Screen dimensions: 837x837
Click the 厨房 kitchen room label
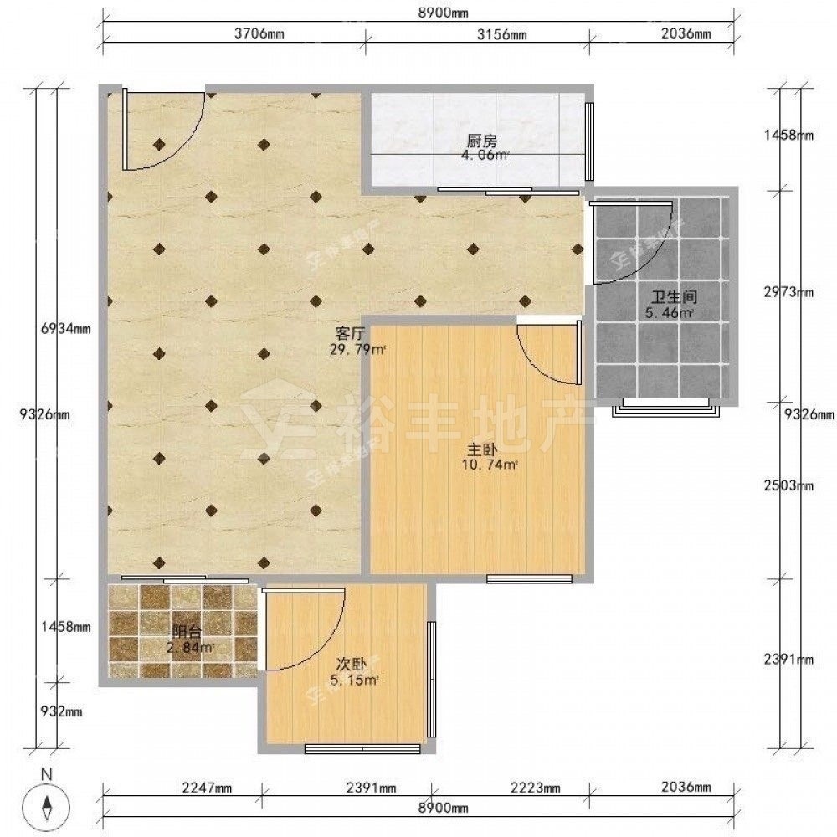point(482,141)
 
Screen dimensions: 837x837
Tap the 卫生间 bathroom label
point(674,296)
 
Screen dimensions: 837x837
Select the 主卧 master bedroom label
point(483,449)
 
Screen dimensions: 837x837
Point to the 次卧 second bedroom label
point(352,664)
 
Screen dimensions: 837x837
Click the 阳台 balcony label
point(187,632)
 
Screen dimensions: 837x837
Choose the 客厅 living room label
point(350,334)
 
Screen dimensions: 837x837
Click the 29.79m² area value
point(357,350)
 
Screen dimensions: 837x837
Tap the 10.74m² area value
point(490,465)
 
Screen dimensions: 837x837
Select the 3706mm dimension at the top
point(259,34)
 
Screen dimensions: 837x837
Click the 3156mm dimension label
point(501,34)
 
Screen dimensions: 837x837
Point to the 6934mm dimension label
point(65,329)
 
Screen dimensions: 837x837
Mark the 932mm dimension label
point(62,711)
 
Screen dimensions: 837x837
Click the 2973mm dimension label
point(789,292)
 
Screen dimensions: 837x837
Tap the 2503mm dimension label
point(789,485)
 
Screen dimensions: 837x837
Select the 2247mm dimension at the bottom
point(207,788)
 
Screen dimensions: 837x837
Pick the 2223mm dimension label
point(536,788)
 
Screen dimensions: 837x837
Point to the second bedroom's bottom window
point(363,749)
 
